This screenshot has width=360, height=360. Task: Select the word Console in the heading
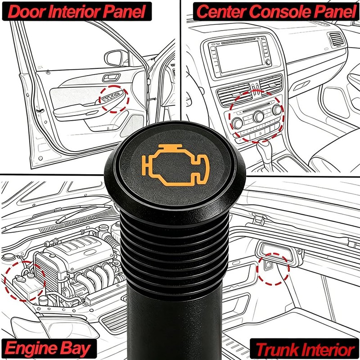pyautogui.click(x=280, y=12)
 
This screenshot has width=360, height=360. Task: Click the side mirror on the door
pyautogui.click(x=114, y=58)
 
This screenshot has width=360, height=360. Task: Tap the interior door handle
pyautogui.click(x=111, y=77)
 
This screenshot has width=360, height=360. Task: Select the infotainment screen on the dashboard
pyautogui.click(x=239, y=57)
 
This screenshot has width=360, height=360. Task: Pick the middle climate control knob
pyautogui.click(x=258, y=117)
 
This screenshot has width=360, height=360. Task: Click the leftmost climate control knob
pyautogui.click(x=237, y=123)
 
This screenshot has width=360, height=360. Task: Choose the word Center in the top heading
pyautogui.click(x=221, y=12)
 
